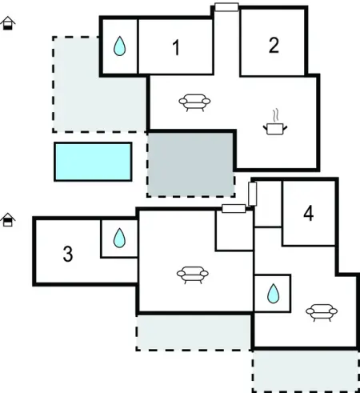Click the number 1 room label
(x=176, y=47)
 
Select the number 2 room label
(x=274, y=45)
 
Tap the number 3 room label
(x=68, y=254)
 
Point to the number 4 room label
(x=309, y=214)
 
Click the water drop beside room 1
(x=119, y=46)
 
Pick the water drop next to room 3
(x=119, y=238)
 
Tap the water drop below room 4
(x=273, y=294)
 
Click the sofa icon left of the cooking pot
(x=194, y=102)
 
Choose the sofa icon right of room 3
(x=193, y=275)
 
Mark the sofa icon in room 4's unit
(x=322, y=312)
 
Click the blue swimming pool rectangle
(x=93, y=162)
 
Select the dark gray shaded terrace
(x=191, y=165)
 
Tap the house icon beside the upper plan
(x=8, y=23)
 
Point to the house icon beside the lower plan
(x=8, y=220)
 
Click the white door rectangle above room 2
(x=226, y=7)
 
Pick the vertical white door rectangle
(x=253, y=194)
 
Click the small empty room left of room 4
(x=268, y=204)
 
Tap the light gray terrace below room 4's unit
(x=306, y=371)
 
